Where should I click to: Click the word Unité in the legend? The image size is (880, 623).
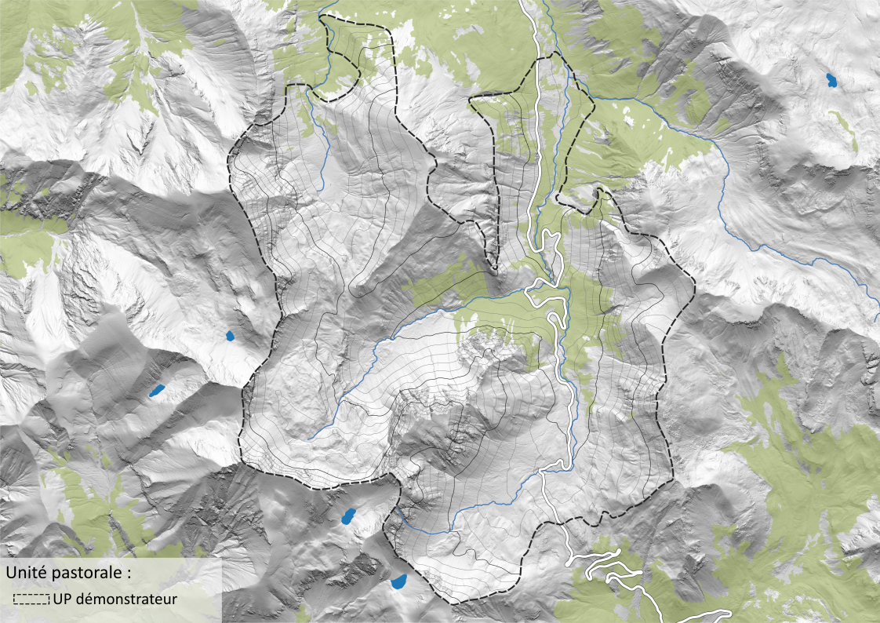(x=25, y=573)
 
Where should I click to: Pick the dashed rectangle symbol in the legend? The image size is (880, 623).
(x=32, y=599)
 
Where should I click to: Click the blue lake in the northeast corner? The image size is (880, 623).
(x=830, y=79)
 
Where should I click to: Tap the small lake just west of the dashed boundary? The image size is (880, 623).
(x=230, y=337)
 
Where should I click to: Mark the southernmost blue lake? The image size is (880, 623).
(x=398, y=581)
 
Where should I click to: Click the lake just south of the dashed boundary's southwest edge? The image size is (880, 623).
(x=347, y=516)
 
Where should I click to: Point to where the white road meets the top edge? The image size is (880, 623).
(x=525, y=2)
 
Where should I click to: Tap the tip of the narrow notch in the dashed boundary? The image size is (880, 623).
(x=494, y=269)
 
